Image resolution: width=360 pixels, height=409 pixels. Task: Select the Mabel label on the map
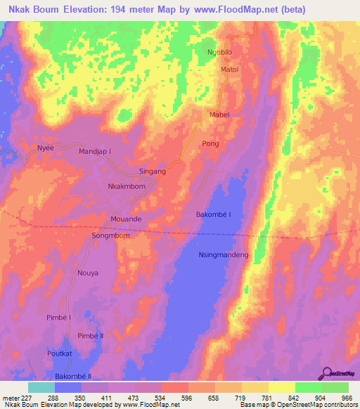[x=220, y=115]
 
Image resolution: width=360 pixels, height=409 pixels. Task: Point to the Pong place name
[x=211, y=143]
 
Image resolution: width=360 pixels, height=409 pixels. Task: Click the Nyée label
[x=45, y=148]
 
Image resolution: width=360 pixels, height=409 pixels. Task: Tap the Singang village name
[x=153, y=171]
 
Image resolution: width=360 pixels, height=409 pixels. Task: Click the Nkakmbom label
[x=127, y=187]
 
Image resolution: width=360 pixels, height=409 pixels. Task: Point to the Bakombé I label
[x=213, y=214]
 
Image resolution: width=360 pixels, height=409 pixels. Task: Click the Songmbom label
[x=111, y=235]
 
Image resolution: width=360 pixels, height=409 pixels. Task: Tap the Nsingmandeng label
[x=224, y=255]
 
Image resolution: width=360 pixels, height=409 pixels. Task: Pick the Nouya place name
[x=88, y=272]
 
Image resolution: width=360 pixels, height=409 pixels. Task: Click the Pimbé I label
[x=59, y=318]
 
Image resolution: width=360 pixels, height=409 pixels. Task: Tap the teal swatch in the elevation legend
[x=41, y=387]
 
